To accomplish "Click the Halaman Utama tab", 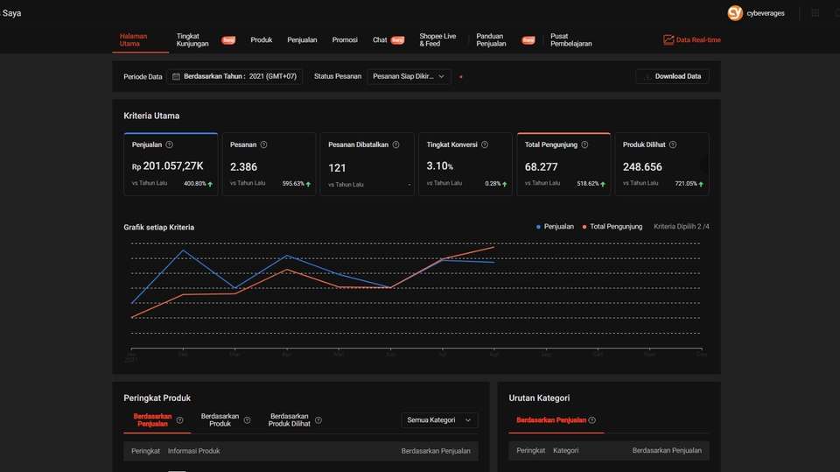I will [133, 39].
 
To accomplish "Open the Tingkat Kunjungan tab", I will [192, 39].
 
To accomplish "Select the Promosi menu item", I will [345, 40].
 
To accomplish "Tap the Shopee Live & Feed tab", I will [437, 39].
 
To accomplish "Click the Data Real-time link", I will [692, 40].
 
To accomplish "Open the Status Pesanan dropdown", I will [409, 77].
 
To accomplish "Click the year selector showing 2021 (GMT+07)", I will [234, 77].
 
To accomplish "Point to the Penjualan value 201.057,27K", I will [173, 166].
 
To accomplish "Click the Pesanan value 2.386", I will [243, 166].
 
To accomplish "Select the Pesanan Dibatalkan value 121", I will [338, 167].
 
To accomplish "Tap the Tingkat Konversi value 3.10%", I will [439, 166].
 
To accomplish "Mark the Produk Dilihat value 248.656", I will [642, 166].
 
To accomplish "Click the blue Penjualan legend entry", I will [555, 227].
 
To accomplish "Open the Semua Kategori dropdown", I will [439, 420].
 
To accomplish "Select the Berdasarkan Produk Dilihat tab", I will [289, 420].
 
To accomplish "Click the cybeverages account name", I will [766, 13].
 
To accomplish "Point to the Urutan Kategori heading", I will [539, 398].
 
